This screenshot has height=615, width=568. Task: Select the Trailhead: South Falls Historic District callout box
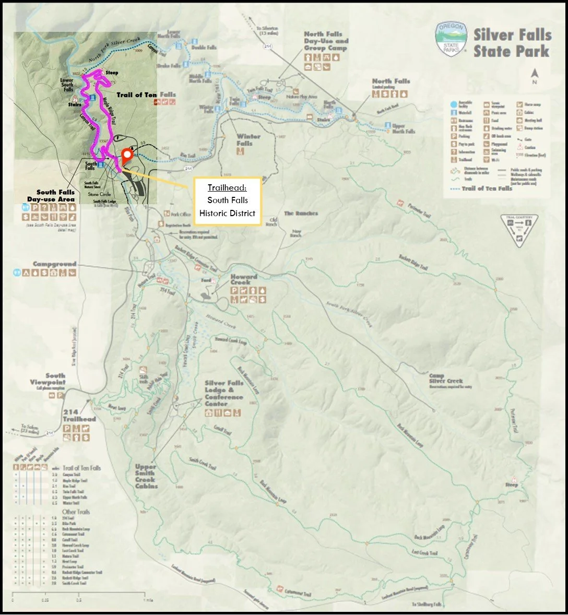click(228, 200)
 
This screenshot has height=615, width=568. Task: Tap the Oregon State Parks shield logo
click(451, 40)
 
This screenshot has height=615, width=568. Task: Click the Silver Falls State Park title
click(512, 43)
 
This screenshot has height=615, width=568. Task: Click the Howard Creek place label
click(244, 280)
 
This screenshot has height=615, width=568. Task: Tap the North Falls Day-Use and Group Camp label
click(326, 41)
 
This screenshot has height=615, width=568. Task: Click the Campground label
click(55, 264)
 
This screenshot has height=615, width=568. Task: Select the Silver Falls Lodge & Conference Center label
click(224, 393)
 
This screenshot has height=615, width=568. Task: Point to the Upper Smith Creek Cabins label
click(146, 476)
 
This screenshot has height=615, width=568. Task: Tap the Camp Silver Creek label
click(446, 379)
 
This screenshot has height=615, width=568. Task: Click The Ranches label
click(301, 214)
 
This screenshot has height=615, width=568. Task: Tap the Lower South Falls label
click(67, 85)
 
